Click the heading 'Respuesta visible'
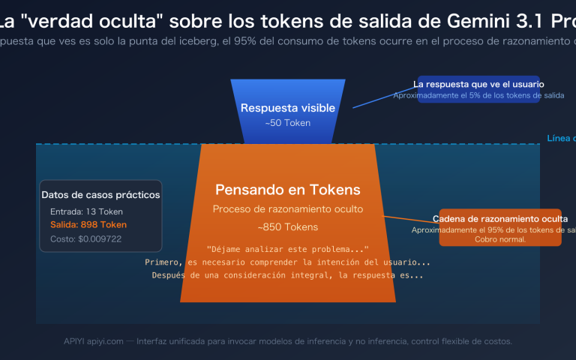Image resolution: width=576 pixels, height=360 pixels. tap(287, 108)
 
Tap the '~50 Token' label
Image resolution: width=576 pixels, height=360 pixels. tap(287, 123)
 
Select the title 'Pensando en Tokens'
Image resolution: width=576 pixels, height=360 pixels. tap(288, 190)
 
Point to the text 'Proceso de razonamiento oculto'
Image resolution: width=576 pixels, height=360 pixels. tap(288, 209)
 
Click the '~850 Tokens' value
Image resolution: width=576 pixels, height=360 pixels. tap(288, 226)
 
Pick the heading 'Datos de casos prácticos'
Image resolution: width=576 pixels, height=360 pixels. tap(100, 195)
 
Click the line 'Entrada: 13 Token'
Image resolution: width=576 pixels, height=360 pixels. tap(86, 211)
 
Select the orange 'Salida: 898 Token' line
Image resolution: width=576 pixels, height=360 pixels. tap(88, 224)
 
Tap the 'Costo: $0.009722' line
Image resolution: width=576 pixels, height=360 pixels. tap(85, 238)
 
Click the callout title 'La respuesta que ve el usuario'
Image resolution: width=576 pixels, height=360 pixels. tap(478, 84)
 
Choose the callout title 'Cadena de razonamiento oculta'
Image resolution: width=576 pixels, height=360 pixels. tap(500, 219)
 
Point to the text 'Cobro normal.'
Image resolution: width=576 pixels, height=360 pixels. tap(500, 239)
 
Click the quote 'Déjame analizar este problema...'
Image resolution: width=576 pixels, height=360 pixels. tap(288, 249)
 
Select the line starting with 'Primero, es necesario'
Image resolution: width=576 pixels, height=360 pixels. tap(288, 262)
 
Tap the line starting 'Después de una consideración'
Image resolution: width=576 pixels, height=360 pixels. tap(288, 275)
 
